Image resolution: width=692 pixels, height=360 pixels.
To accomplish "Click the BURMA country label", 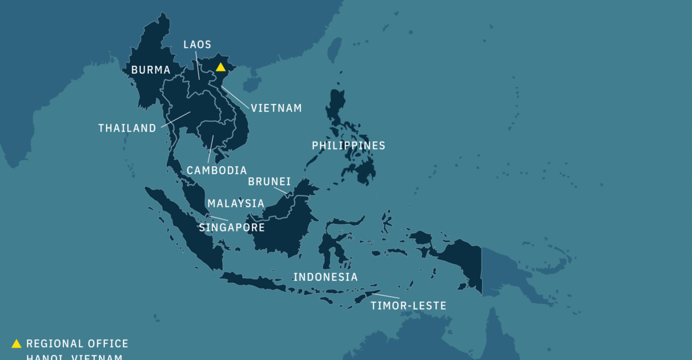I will pyautogui.click(x=151, y=70).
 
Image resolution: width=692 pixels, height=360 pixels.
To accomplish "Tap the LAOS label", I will pyautogui.click(x=197, y=44).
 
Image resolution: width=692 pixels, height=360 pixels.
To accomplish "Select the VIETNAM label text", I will pyautogui.click(x=276, y=108).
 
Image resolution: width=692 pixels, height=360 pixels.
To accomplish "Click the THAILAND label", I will pyautogui.click(x=127, y=128).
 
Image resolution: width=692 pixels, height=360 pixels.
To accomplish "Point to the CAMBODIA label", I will pyautogui.click(x=216, y=170).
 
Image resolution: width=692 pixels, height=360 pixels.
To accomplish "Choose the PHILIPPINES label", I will pyautogui.click(x=348, y=145).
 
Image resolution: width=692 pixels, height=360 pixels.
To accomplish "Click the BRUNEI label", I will pyautogui.click(x=269, y=182).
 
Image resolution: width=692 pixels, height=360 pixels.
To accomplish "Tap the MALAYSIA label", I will pyautogui.click(x=236, y=203).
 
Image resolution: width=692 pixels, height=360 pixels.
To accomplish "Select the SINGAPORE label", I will pyautogui.click(x=232, y=227).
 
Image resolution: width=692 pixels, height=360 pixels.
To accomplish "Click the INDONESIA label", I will pyautogui.click(x=325, y=277).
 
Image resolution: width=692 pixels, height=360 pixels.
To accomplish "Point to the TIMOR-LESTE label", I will pyautogui.click(x=408, y=306).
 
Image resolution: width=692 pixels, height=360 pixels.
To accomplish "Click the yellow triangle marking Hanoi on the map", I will pyautogui.click(x=220, y=67).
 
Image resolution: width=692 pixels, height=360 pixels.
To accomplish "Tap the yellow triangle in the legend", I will pyautogui.click(x=16, y=344).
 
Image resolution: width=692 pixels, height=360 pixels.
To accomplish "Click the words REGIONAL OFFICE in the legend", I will pyautogui.click(x=77, y=344).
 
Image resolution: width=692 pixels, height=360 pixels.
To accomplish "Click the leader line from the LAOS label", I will pyautogui.click(x=198, y=65).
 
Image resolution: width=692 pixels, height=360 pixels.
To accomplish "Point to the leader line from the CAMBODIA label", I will pyautogui.click(x=210, y=149).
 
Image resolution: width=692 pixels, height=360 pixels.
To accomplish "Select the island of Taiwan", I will pyautogui.click(x=334, y=50).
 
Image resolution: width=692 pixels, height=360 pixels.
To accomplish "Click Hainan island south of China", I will pyautogui.click(x=251, y=85).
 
